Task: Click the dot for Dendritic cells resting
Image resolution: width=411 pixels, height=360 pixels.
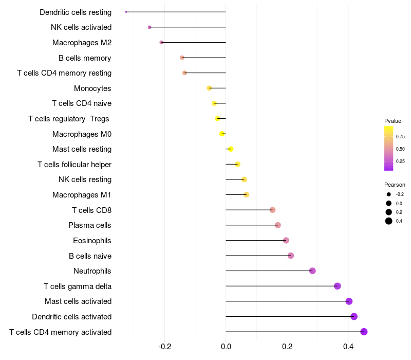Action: pyautogui.click(x=126, y=12)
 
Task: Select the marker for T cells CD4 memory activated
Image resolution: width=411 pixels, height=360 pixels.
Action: pyautogui.click(x=364, y=332)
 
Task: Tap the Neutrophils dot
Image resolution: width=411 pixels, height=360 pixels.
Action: pyautogui.click(x=312, y=271)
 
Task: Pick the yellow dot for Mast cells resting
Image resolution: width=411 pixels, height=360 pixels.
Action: pyautogui.click(x=231, y=149)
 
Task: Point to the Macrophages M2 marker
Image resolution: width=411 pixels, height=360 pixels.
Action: pyautogui.click(x=161, y=43)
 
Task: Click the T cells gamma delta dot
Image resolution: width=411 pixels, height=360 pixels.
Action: pyautogui.click(x=338, y=286)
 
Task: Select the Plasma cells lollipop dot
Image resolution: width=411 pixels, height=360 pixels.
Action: pyautogui.click(x=278, y=225)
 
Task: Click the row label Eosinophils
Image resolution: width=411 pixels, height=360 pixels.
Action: pyautogui.click(x=92, y=241)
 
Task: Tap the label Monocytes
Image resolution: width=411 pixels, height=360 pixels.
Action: pyautogui.click(x=92, y=88)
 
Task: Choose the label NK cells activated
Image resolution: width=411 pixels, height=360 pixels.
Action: pyautogui.click(x=81, y=27)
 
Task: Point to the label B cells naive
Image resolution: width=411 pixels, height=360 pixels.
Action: pyautogui.click(x=90, y=256)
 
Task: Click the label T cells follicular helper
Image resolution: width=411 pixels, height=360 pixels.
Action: pyautogui.click(x=74, y=165)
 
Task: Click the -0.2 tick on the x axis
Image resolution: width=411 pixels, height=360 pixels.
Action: pyautogui.click(x=164, y=347)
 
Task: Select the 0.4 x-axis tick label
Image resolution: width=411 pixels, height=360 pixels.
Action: pyautogui.click(x=348, y=347)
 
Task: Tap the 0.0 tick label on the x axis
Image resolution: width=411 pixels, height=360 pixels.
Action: pyautogui.click(x=226, y=347)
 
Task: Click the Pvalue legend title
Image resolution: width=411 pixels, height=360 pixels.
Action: pyautogui.click(x=393, y=121)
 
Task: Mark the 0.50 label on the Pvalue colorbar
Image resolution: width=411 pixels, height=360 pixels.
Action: pyautogui.click(x=400, y=149)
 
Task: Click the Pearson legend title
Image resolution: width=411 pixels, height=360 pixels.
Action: pyautogui.click(x=395, y=185)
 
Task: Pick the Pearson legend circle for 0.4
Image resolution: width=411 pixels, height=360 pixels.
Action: pyautogui.click(x=389, y=221)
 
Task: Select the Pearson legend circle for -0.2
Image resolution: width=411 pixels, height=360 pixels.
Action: pyautogui.click(x=389, y=194)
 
